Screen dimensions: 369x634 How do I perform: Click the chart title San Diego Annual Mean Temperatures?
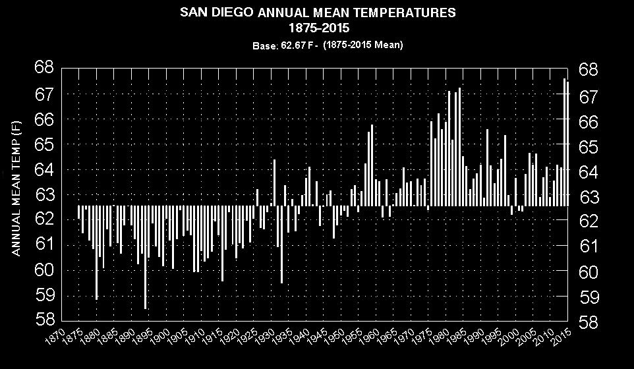click(x=317, y=13)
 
